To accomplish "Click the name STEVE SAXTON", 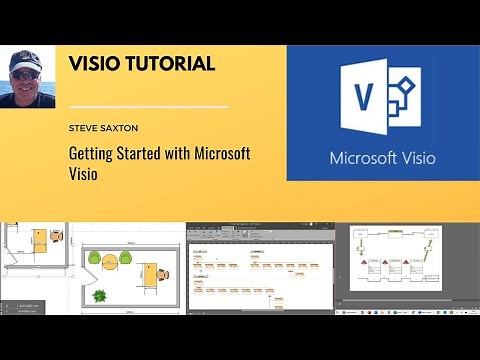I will (x=105, y=127).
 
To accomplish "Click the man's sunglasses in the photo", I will (x=27, y=73).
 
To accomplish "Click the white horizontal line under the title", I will (x=149, y=106).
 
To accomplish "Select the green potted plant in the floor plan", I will (x=99, y=295).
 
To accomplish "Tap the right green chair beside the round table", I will (x=126, y=259).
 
